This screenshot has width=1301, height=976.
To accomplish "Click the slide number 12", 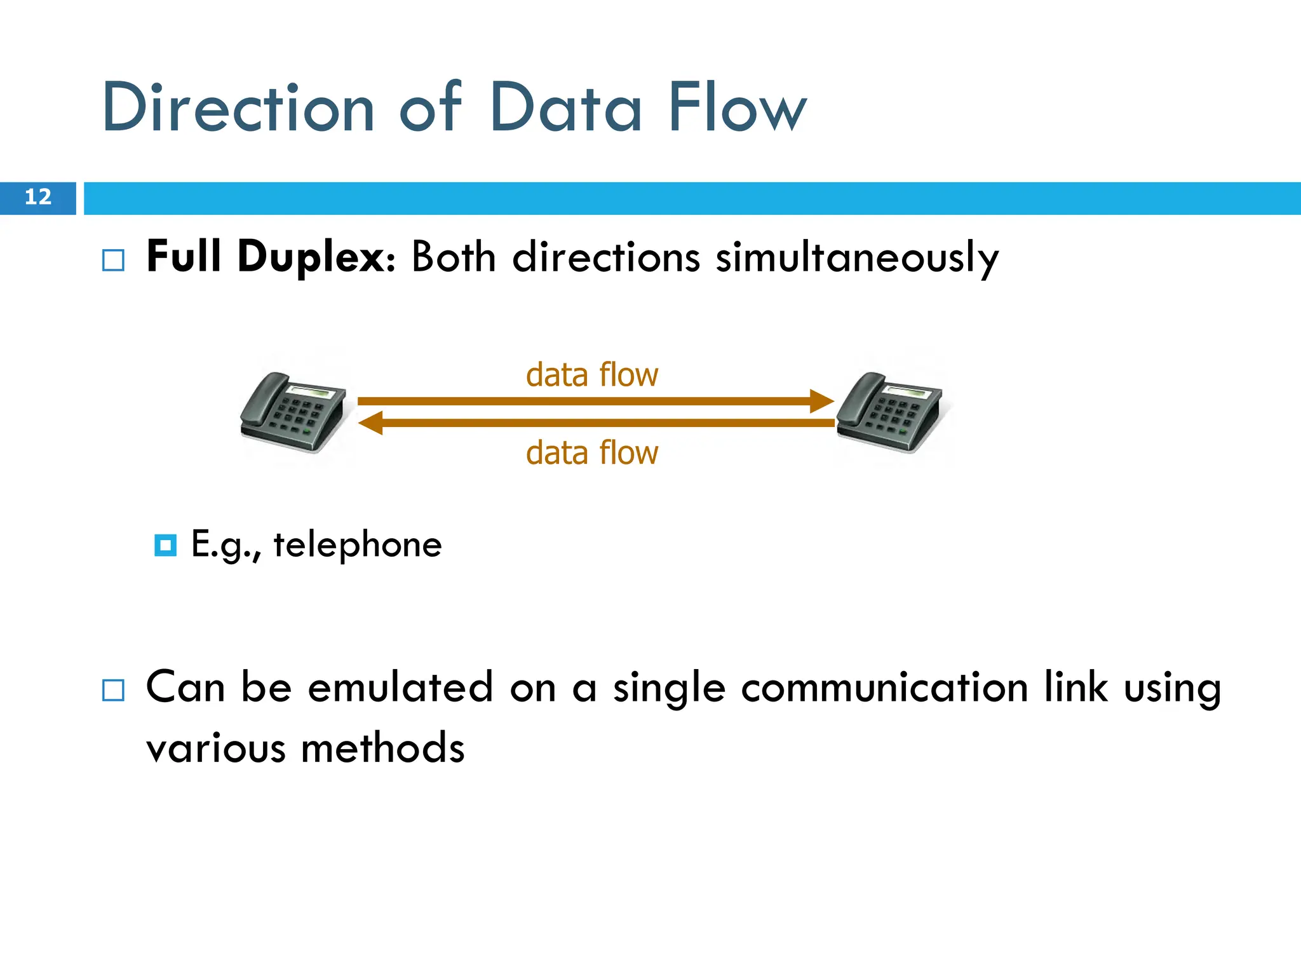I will coord(37,197).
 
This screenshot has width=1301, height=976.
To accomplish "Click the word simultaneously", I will coord(857,258).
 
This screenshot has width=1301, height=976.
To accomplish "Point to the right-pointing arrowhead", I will coord(822,401).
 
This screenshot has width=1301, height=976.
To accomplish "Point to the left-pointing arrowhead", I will coord(371,423).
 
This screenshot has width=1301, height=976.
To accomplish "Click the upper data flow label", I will coord(592,375).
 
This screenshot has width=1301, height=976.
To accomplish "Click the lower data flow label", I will coord(592,453).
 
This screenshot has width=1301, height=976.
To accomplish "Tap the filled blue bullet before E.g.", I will coord(166,545).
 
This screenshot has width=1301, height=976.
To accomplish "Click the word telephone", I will coord(358,545).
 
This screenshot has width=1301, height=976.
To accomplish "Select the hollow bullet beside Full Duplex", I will coord(114,261).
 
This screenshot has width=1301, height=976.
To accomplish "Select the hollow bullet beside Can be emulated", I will coord(114,690).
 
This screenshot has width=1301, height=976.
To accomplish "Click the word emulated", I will coord(400,688).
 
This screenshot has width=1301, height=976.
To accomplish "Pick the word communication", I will coord(884,688).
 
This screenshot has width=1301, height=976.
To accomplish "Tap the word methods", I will coord(382,749).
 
